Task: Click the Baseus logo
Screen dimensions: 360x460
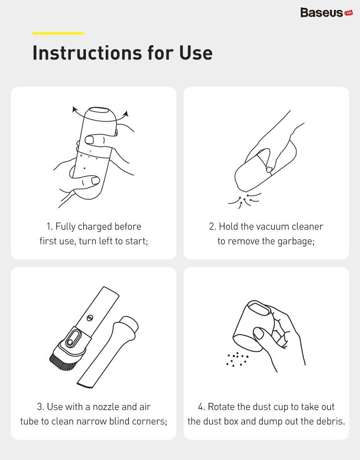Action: click(326, 13)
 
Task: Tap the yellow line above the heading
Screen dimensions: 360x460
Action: click(58, 33)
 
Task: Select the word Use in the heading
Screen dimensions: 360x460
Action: click(196, 53)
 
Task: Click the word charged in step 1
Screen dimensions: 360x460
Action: click(95, 227)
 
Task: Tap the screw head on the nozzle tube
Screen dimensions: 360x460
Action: click(90, 317)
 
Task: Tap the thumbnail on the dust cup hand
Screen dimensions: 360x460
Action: click(258, 333)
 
